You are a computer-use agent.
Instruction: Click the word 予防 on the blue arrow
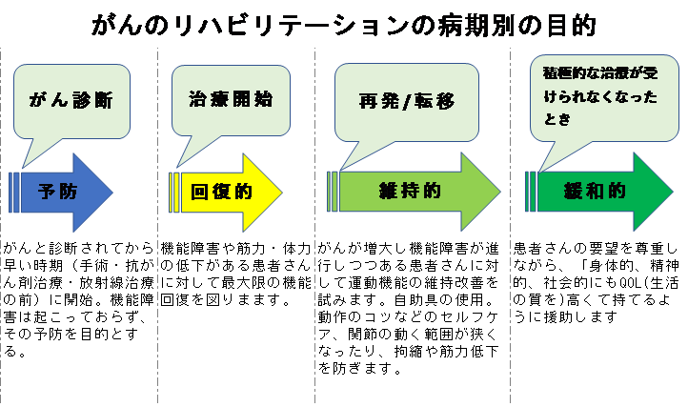click(x=57, y=192)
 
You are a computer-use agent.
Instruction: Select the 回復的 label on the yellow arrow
click(x=220, y=192)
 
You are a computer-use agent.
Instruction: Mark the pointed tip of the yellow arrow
click(x=282, y=192)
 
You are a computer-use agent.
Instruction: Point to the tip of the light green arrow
click(x=499, y=192)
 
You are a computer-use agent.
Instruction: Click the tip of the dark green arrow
click(x=670, y=191)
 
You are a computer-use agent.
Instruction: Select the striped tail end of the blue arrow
click(x=14, y=192)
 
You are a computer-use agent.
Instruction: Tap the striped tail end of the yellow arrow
click(x=174, y=192)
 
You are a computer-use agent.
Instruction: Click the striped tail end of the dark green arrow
click(x=531, y=191)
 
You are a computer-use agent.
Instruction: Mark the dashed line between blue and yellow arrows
click(x=157, y=286)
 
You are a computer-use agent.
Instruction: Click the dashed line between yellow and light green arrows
click(x=315, y=286)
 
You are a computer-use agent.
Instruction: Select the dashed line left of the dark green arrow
click(x=511, y=286)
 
